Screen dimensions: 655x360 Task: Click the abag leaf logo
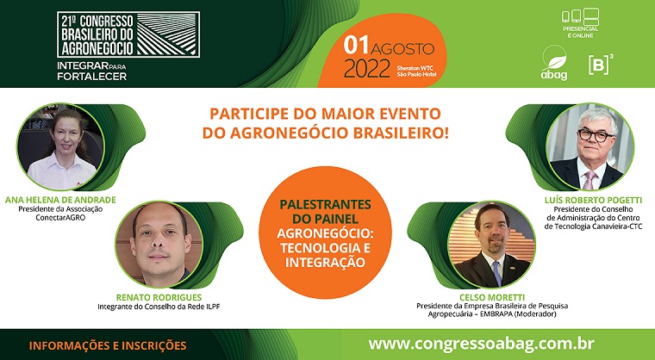click(554, 63)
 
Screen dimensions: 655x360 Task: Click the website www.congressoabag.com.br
click(481, 344)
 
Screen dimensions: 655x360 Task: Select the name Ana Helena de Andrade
click(60, 200)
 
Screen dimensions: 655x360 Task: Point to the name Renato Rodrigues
click(159, 297)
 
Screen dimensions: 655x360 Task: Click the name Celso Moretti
click(492, 297)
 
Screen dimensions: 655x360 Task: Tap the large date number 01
click(356, 46)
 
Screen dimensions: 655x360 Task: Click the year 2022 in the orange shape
click(367, 69)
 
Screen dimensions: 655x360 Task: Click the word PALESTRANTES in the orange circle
click(326, 205)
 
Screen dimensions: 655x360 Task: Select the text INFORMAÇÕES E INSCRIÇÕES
click(108, 346)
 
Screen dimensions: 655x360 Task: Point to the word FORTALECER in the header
click(92, 77)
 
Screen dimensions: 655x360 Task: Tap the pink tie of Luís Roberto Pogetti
click(589, 180)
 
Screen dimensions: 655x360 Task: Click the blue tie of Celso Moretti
click(496, 274)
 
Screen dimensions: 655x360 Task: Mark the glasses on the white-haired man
click(596, 135)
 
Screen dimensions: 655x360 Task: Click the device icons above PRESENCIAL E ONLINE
click(580, 16)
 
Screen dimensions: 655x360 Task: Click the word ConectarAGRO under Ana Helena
click(60, 217)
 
